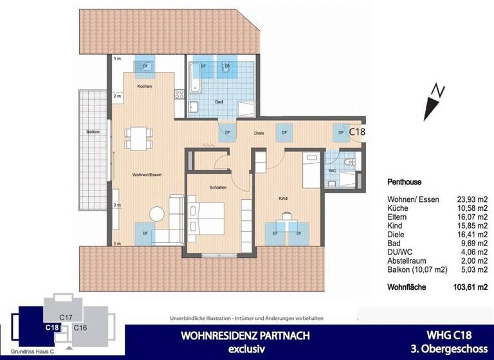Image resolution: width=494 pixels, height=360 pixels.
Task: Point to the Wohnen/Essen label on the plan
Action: (146, 174)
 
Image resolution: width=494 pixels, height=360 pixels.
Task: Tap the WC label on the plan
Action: (332, 171)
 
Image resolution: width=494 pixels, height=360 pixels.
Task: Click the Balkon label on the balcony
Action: (93, 132)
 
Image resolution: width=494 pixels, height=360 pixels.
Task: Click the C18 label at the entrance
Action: (357, 131)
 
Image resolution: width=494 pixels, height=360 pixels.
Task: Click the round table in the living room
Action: (157, 215)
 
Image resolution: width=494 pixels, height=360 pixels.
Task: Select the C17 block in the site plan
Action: (64, 316)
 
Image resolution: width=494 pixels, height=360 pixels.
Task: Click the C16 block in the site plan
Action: (80, 328)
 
